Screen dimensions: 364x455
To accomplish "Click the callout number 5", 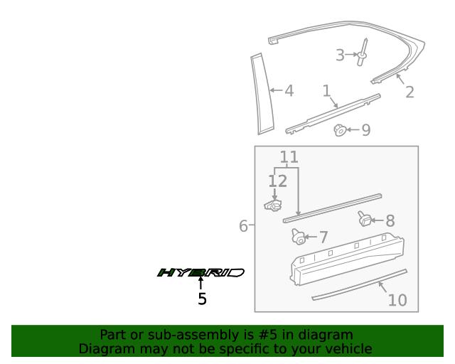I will [202, 299].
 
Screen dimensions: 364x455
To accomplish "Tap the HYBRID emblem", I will [200, 272].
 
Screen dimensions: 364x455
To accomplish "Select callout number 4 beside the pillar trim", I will [289, 91].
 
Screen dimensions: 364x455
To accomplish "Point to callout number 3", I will [340, 55].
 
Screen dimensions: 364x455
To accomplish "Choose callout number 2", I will [409, 92].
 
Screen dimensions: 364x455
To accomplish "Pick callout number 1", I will [326, 91].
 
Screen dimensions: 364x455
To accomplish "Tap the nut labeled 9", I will [341, 129].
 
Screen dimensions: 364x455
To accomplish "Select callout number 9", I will [366, 130].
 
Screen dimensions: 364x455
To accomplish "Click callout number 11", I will [289, 157].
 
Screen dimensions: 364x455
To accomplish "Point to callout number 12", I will [277, 181].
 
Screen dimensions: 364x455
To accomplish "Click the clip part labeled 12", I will [272, 205].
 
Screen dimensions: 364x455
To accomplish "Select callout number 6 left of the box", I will [243, 226].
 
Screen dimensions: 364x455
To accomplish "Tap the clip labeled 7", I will [299, 236].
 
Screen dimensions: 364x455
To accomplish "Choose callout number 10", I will [397, 300].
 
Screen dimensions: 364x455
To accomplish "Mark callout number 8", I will [390, 221].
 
